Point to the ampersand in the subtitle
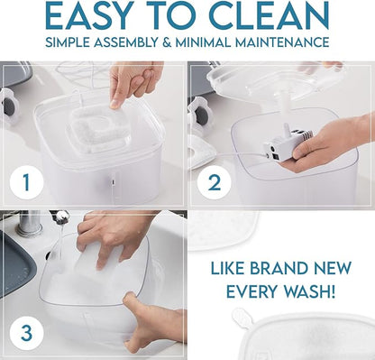pyautogui.click(x=167, y=42)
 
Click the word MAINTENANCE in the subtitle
pyautogui.click(x=282, y=42)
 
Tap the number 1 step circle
pyautogui.click(x=26, y=182)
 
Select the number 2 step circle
pyautogui.click(x=214, y=182)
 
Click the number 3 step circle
pyautogui.click(x=26, y=333)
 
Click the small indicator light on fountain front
pyautogui.click(x=113, y=182)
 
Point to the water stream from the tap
pyautogui.click(x=61, y=241)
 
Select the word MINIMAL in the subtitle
pyautogui.click(x=203, y=42)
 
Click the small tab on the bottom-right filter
pyautogui.click(x=242, y=318)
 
